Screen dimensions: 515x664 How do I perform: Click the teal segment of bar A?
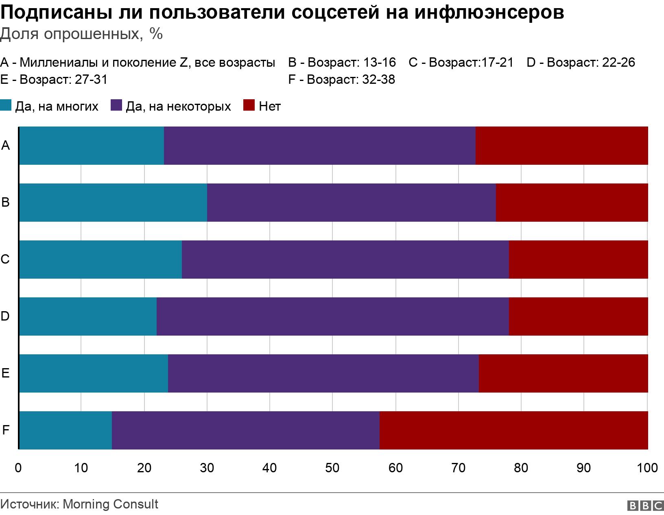tap(91, 146)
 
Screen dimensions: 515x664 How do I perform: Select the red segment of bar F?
tap(513, 430)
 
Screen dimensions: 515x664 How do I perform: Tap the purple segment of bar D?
tap(332, 316)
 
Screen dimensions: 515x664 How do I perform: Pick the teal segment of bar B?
tap(113, 203)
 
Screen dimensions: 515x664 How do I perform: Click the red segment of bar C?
tap(578, 260)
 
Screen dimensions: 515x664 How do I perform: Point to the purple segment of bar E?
tap(323, 373)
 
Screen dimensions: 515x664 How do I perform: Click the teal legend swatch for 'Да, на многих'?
tap(6, 106)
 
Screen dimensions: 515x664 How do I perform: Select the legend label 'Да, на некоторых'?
tap(178, 106)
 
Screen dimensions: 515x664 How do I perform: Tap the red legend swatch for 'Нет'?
tap(249, 106)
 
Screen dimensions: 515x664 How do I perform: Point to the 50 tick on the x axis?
tap(332, 468)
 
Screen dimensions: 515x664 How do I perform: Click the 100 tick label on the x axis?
tap(647, 468)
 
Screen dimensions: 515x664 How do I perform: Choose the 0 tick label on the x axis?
tap(18, 468)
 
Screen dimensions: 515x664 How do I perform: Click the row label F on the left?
tap(6, 430)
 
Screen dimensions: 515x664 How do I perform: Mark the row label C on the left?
tap(5, 259)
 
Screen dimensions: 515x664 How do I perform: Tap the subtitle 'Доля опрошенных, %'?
tap(81, 34)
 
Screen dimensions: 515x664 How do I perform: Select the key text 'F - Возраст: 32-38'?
tap(341, 79)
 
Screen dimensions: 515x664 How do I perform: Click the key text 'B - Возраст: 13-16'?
tap(342, 62)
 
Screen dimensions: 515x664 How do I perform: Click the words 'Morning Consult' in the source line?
tap(111, 504)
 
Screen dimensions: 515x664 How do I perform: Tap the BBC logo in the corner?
tap(645, 505)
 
